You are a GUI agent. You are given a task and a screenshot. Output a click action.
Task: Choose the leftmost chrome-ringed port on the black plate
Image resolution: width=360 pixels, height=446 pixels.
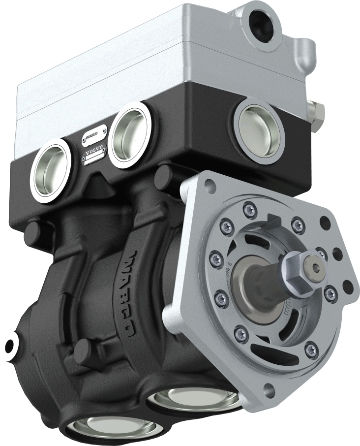(49, 170)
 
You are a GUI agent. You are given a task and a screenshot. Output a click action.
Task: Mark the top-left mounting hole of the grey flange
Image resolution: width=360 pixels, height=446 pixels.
(210, 186)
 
